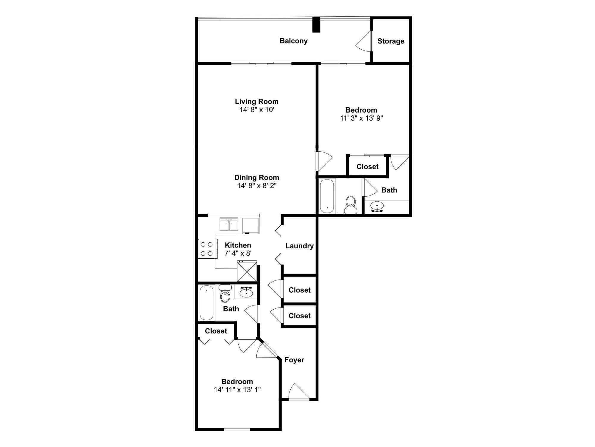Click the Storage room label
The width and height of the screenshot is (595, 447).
pyautogui.click(x=391, y=41)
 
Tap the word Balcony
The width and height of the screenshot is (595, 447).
pyautogui.click(x=294, y=41)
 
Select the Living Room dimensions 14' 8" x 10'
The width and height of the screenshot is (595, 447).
pyautogui.click(x=257, y=110)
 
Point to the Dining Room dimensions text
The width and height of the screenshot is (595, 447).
pyautogui.click(x=257, y=186)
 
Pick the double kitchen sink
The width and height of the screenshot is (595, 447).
pyautogui.click(x=229, y=224)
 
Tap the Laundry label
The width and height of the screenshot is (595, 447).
pyautogui.click(x=299, y=246)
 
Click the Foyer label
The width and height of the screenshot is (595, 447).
pyautogui.click(x=294, y=360)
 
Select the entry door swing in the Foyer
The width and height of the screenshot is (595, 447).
pyautogui.click(x=299, y=391)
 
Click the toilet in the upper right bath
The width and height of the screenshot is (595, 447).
pyautogui.click(x=351, y=204)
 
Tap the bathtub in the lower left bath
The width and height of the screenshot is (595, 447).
pyautogui.click(x=206, y=302)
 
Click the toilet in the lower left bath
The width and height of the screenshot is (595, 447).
pyautogui.click(x=225, y=293)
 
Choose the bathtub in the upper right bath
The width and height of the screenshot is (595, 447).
pyautogui.click(x=327, y=196)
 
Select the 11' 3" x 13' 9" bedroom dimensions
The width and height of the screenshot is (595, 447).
pyautogui.click(x=361, y=118)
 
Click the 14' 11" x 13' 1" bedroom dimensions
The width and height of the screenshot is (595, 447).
pyautogui.click(x=237, y=390)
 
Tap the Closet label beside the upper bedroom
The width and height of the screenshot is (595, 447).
pyautogui.click(x=367, y=167)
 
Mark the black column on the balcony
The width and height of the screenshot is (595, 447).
pyautogui.click(x=316, y=25)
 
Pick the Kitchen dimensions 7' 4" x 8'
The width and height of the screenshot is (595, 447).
pyautogui.click(x=238, y=253)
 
